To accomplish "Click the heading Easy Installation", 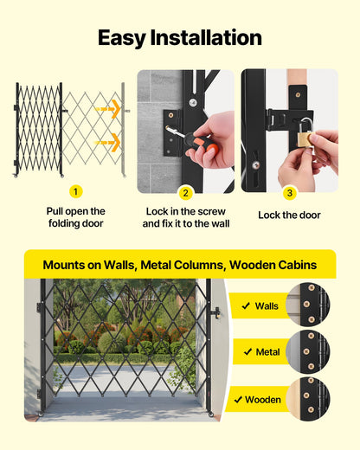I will pyautogui.click(x=180, y=37).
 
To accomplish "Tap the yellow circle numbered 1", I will pyautogui.click(x=76, y=191).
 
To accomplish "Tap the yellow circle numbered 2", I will pyautogui.click(x=185, y=192).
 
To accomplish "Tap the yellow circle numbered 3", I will pyautogui.click(x=290, y=192).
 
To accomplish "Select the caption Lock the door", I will pyautogui.click(x=289, y=215).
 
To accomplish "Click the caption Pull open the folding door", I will pyautogui.click(x=76, y=217).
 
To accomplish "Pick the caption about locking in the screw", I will pyautogui.click(x=185, y=217).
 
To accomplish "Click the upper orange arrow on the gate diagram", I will pyautogui.click(x=108, y=109).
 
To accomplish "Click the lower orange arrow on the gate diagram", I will pyautogui.click(x=108, y=142).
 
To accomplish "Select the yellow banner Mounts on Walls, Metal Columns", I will pyautogui.click(x=179, y=264).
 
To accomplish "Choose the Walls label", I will pyautogui.click(x=267, y=305).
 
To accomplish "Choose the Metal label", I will pyautogui.click(x=267, y=352).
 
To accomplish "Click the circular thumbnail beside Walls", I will pyautogui.click(x=307, y=305).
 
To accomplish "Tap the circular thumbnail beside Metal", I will pyautogui.click(x=307, y=351).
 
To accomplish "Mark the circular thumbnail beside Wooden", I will pyautogui.click(x=307, y=399).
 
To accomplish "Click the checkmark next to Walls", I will pyautogui.click(x=246, y=305).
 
